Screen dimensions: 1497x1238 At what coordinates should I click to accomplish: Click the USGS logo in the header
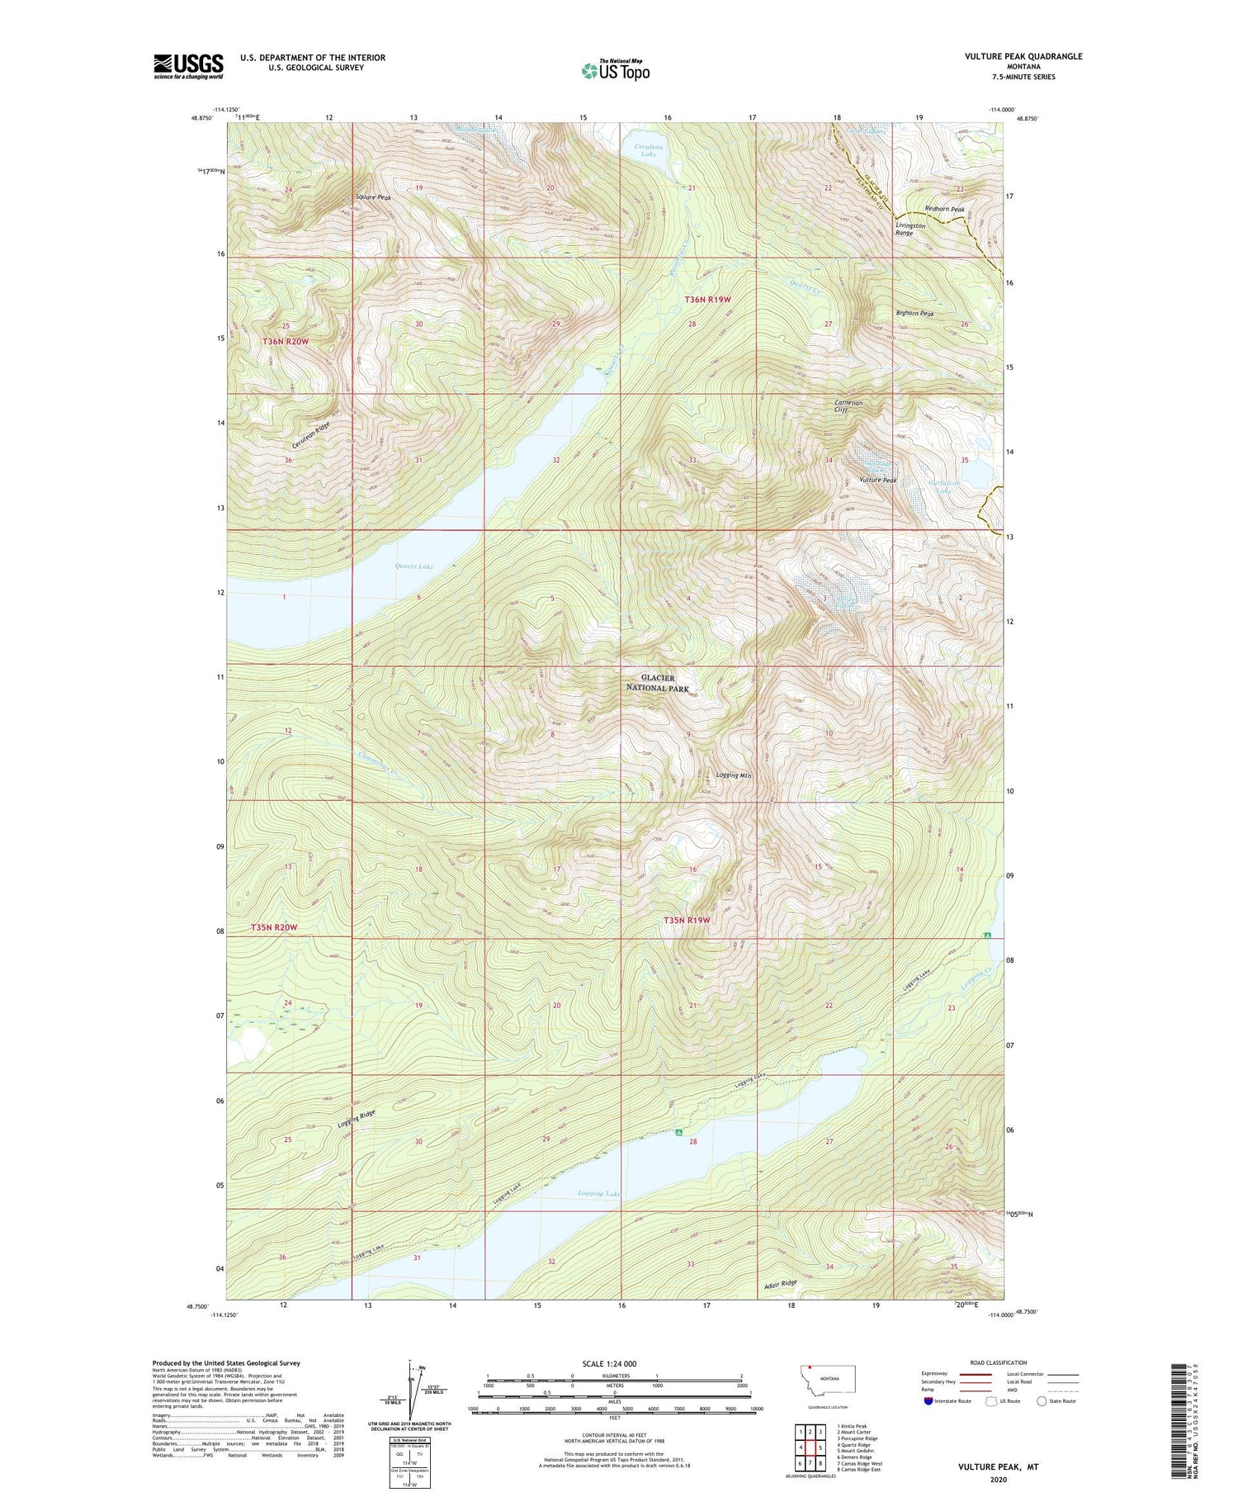point(188,66)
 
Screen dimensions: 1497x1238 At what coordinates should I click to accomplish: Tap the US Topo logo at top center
point(615,71)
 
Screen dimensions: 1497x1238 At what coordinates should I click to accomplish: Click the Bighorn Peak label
point(915,314)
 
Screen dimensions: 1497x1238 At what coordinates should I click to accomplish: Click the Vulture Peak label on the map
point(877,480)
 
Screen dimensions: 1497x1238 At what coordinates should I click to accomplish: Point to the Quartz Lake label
point(414,566)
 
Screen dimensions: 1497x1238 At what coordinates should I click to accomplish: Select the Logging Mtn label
point(734,775)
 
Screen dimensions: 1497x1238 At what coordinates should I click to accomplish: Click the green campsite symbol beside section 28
point(678,1133)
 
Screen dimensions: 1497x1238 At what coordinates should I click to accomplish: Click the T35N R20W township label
point(273,927)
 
